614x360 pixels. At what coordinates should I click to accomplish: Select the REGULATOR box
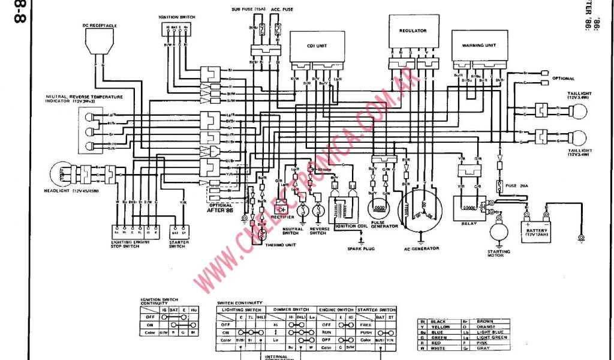pos(413,30)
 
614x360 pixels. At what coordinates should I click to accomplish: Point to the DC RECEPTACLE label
pos(100,25)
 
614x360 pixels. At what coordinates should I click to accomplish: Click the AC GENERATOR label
pos(422,248)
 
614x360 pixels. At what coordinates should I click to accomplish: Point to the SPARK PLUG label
pos(361,248)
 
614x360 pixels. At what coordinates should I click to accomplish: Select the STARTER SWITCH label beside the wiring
pos(179,244)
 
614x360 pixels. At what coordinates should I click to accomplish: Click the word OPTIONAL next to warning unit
pos(563,79)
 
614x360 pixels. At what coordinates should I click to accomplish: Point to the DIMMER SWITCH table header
pos(290,310)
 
